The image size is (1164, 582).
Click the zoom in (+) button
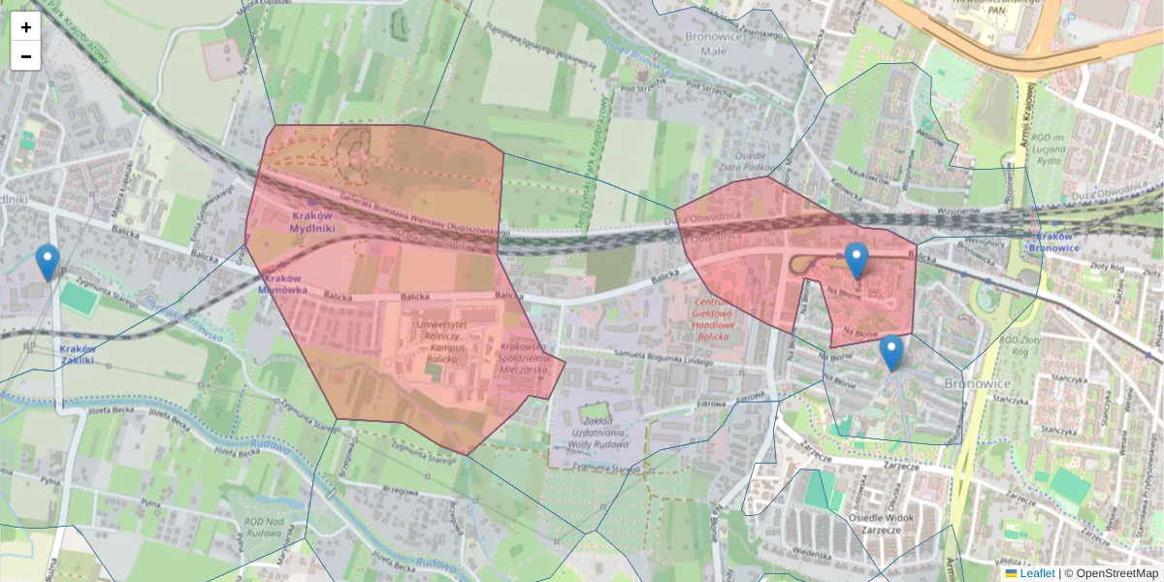click(26, 27)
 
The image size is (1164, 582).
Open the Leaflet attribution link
click(1036, 573)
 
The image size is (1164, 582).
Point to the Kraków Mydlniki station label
click(311, 221)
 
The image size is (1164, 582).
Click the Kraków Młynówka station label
click(284, 283)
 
